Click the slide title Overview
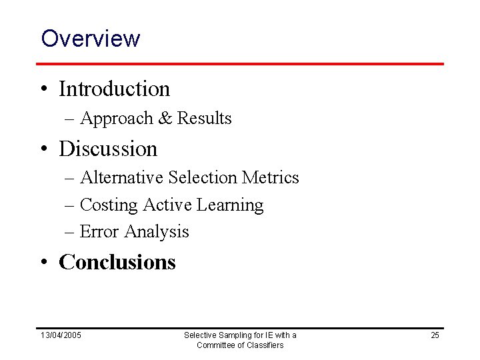click(x=90, y=38)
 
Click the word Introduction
click(x=114, y=88)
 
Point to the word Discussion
click(x=108, y=148)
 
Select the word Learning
click(x=231, y=205)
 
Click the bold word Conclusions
click(x=117, y=262)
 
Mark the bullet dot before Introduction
click(x=45, y=89)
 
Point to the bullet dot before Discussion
click(x=45, y=149)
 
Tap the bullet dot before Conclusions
click(x=45, y=263)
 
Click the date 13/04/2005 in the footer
click(x=61, y=335)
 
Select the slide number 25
click(x=435, y=335)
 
